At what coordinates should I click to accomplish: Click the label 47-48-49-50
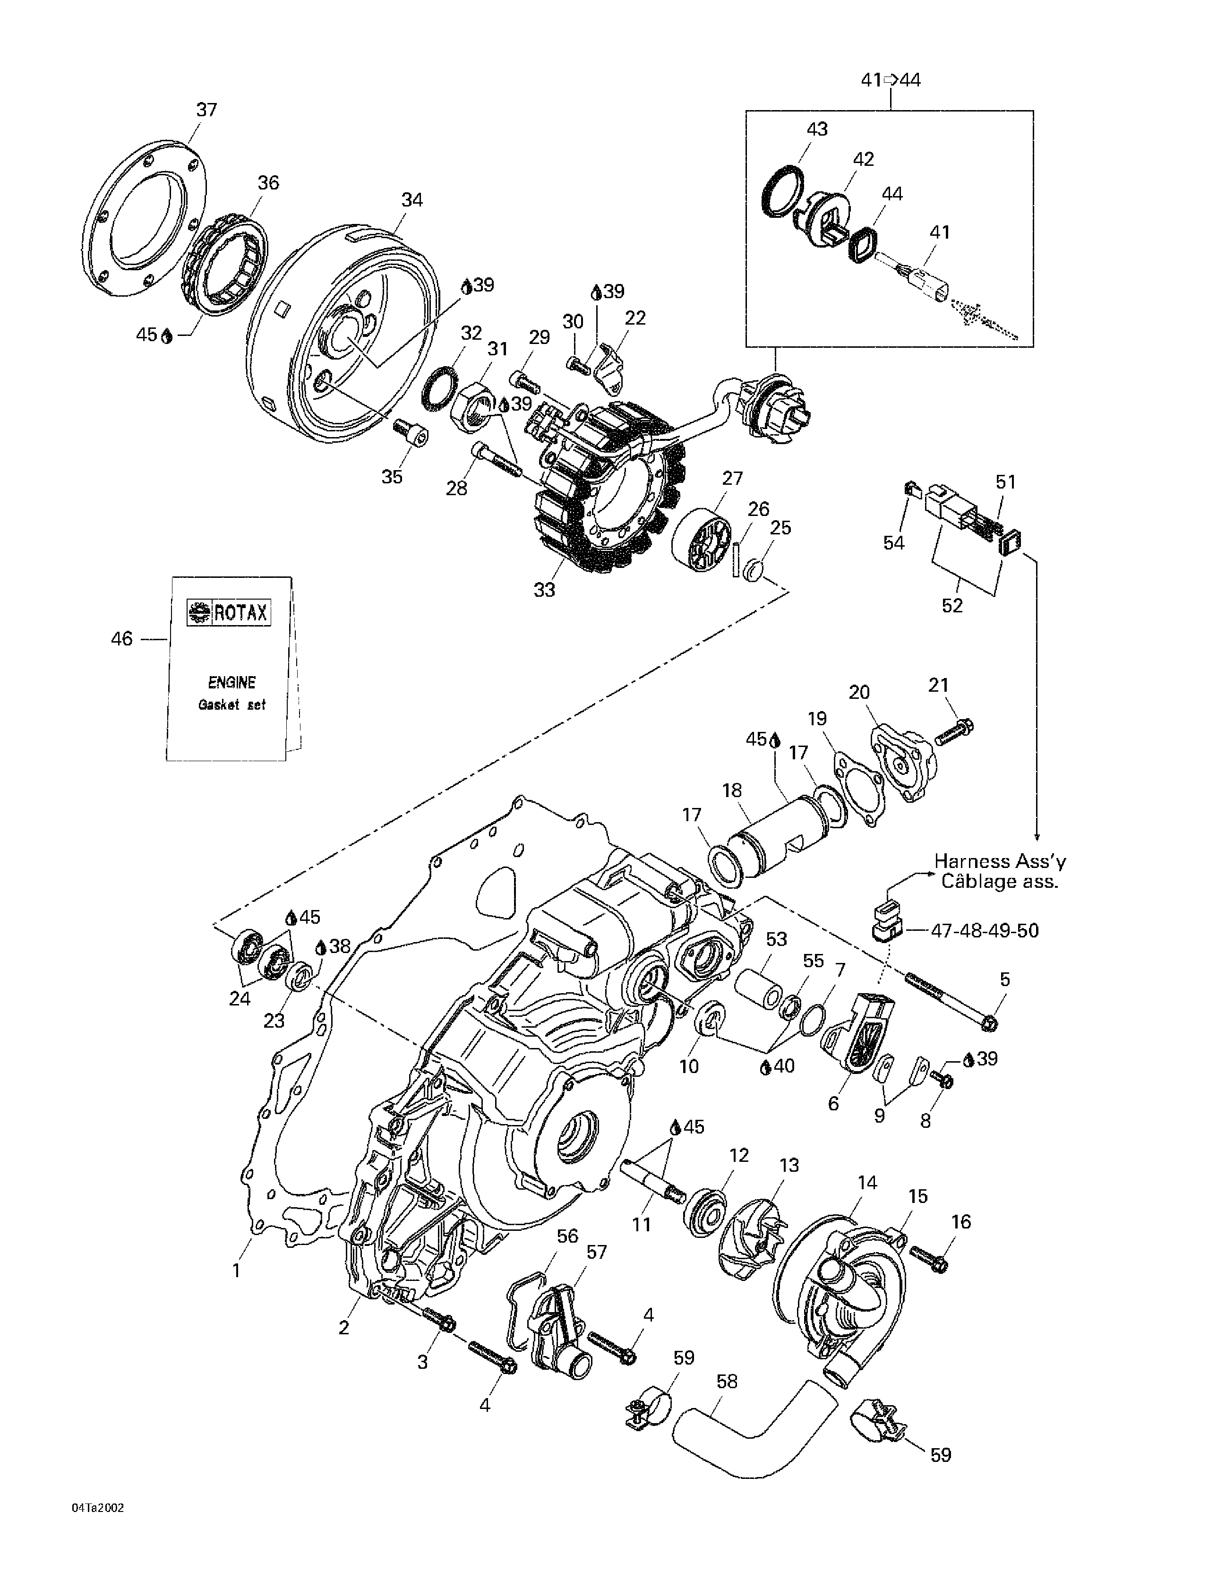[985, 930]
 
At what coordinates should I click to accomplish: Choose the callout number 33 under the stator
[544, 590]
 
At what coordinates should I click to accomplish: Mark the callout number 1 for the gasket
[236, 1270]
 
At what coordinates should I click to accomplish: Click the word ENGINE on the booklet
[231, 682]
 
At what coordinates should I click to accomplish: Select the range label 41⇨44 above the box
[891, 79]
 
